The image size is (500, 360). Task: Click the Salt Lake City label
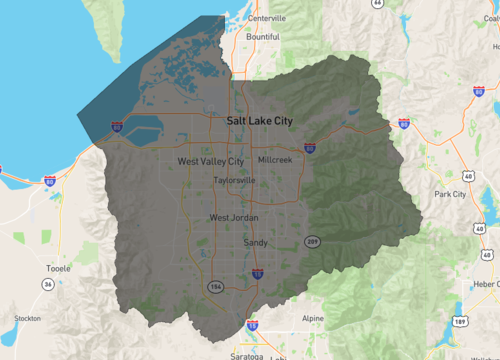tap(260, 120)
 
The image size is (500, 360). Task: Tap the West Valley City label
tap(210, 161)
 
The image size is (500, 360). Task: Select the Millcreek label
tap(274, 160)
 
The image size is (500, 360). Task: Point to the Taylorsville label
tap(234, 181)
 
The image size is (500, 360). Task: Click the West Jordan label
tap(233, 218)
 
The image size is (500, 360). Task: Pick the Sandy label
tap(255, 242)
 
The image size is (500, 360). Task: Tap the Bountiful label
tap(263, 37)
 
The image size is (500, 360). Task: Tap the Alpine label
tap(313, 318)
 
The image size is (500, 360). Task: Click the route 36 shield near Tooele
tap(47, 285)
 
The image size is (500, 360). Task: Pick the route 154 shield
tap(214, 287)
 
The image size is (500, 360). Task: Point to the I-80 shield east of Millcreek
tap(310, 147)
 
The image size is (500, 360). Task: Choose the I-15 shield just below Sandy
tap(257, 272)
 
